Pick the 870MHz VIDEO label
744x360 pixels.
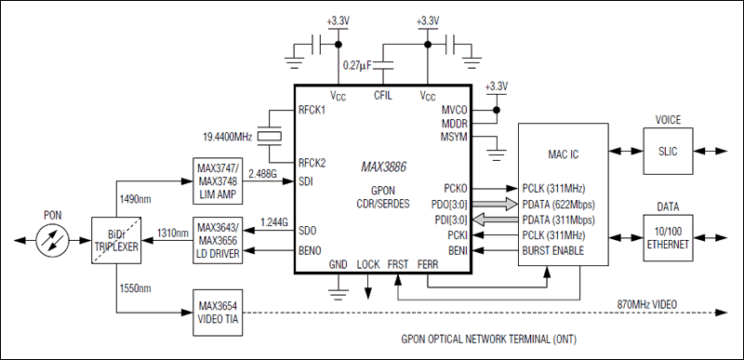(x=652, y=306)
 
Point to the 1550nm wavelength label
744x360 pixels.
(x=134, y=288)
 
